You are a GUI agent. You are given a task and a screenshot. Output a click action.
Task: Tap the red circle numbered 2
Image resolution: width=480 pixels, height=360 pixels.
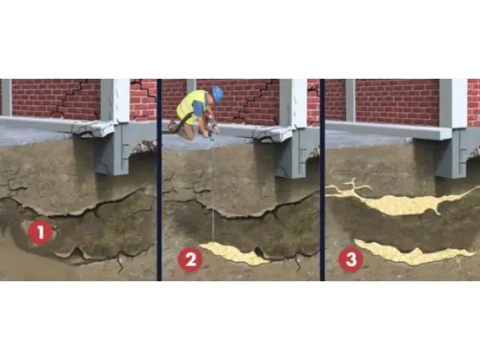pos(190,259)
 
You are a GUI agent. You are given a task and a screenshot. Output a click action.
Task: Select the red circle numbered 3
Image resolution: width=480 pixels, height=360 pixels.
pos(351,259)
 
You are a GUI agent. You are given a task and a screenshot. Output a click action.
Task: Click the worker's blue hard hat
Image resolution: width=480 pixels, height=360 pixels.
pos(217,94)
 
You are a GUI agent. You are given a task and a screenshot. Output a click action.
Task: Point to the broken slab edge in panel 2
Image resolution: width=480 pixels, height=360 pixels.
pos(272,133)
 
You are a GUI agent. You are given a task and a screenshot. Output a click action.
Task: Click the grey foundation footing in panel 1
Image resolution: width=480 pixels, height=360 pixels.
pos(112,153)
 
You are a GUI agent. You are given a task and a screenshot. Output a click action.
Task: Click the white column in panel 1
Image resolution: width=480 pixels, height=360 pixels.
pos(115,101)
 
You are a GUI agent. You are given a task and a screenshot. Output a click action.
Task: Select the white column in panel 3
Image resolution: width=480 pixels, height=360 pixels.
pos(453,103)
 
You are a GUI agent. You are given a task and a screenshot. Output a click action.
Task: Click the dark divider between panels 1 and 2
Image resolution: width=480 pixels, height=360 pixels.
pos(159,180)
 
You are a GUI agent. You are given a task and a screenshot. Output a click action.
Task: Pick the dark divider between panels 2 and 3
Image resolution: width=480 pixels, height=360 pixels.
pos(322,180)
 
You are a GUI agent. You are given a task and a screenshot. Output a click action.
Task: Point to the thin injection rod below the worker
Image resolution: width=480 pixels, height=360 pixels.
pos(212,190)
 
